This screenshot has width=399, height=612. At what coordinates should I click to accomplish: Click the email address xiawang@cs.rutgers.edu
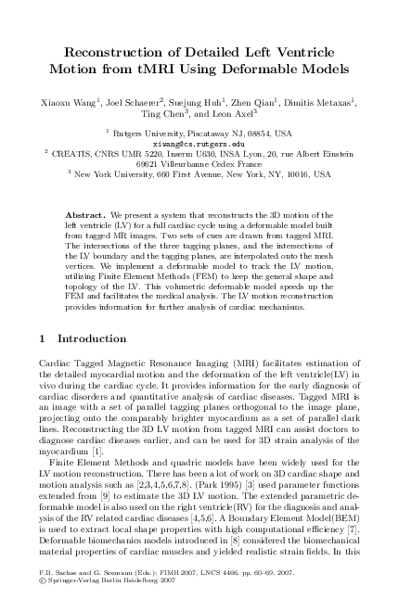point(199,144)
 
